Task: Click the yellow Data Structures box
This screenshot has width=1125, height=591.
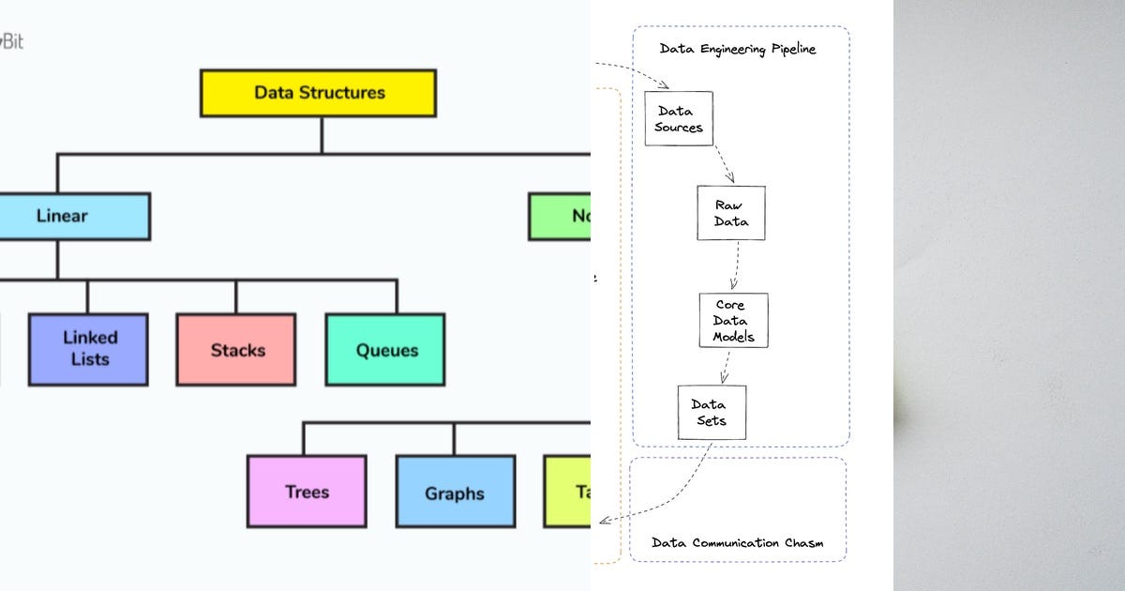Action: coord(318,93)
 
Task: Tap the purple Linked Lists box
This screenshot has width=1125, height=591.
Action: coord(88,349)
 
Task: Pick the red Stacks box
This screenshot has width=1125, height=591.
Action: coord(236,350)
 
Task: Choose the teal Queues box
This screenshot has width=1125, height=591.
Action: coord(385,350)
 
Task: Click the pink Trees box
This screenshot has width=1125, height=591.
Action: coord(307,492)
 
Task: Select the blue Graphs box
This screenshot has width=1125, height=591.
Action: coord(455,492)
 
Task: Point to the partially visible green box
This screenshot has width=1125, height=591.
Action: coord(560,217)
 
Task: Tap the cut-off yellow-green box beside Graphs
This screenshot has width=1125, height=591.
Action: coord(567,492)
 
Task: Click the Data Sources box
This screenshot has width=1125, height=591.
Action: coord(679,118)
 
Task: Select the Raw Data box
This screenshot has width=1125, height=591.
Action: coord(730,213)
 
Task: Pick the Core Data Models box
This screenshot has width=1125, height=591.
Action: coord(733,321)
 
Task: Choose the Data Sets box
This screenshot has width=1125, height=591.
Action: coord(712,412)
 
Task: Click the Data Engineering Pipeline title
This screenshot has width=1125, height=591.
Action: coord(738,49)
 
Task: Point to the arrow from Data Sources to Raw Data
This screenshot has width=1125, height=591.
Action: coord(723,164)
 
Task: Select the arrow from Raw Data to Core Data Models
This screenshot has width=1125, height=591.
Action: coord(736,265)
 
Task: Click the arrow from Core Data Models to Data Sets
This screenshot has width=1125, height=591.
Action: coord(726,366)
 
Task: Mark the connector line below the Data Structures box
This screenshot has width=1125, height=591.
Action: coord(321,134)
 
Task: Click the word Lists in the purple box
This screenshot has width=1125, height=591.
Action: coord(89,359)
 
